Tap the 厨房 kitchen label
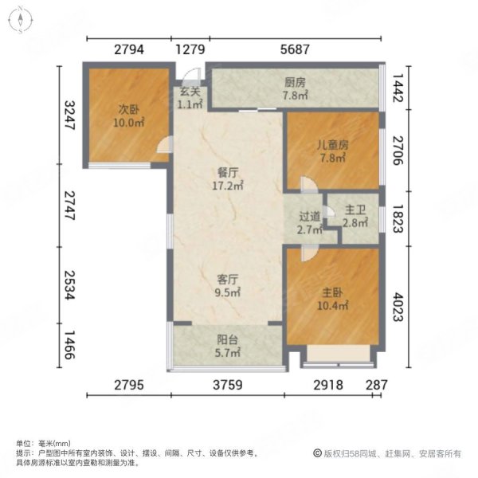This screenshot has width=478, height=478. click(x=296, y=82)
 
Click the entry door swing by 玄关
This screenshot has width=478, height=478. click(x=190, y=76)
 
